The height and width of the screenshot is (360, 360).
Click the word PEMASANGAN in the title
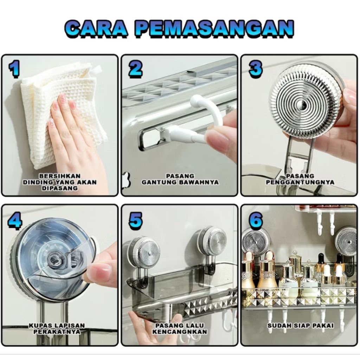point(214,29)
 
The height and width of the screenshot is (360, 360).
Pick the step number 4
point(15,220)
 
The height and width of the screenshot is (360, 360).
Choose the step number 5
point(135,220)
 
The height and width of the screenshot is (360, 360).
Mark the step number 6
point(256,220)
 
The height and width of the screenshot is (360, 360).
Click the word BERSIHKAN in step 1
point(60,176)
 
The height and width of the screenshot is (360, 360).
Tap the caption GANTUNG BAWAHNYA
point(180,182)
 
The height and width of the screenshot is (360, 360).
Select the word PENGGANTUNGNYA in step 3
point(300,182)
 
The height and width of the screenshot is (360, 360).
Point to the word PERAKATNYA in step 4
point(57,332)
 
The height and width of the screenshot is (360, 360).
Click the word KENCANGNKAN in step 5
point(180,332)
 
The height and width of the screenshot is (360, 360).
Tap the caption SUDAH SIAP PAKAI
point(300,326)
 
